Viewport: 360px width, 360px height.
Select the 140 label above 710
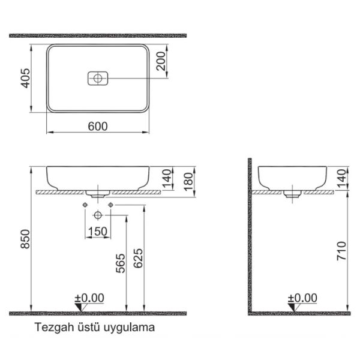coord(343,178)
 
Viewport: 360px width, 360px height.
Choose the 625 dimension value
coord(139,257)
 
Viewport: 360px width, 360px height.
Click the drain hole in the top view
coord(97,78)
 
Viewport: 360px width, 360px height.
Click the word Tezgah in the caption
coord(50,328)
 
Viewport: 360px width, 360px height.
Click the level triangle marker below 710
coord(294,307)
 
